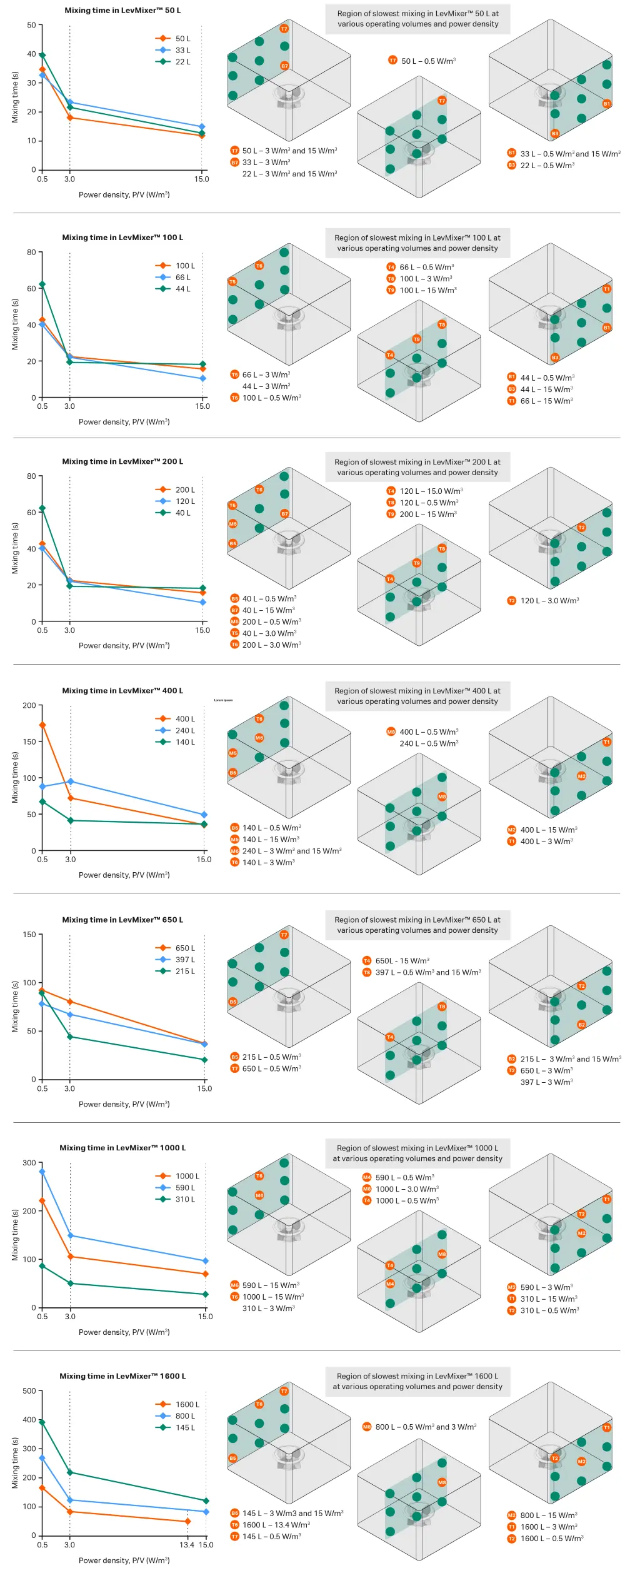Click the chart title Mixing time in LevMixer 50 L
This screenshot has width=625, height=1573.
pos(122,11)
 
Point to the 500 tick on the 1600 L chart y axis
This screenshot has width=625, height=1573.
pos(29,1390)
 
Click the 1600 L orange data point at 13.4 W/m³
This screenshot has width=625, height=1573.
pos(187,1521)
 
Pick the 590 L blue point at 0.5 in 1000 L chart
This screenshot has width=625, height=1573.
pos(42,1172)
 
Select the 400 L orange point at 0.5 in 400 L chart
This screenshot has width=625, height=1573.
pos(42,725)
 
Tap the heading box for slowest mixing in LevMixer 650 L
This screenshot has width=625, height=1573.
pos(417,925)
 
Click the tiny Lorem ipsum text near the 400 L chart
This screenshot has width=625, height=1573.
pos(223,700)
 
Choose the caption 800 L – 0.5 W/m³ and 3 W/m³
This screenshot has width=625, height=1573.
pos(426,1427)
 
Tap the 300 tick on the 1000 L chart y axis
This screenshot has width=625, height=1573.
pos(29,1163)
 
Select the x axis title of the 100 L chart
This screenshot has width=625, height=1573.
pos(124,422)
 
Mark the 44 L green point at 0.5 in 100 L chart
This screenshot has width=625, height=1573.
pos(42,284)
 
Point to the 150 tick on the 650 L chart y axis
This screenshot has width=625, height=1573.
pos(29,935)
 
